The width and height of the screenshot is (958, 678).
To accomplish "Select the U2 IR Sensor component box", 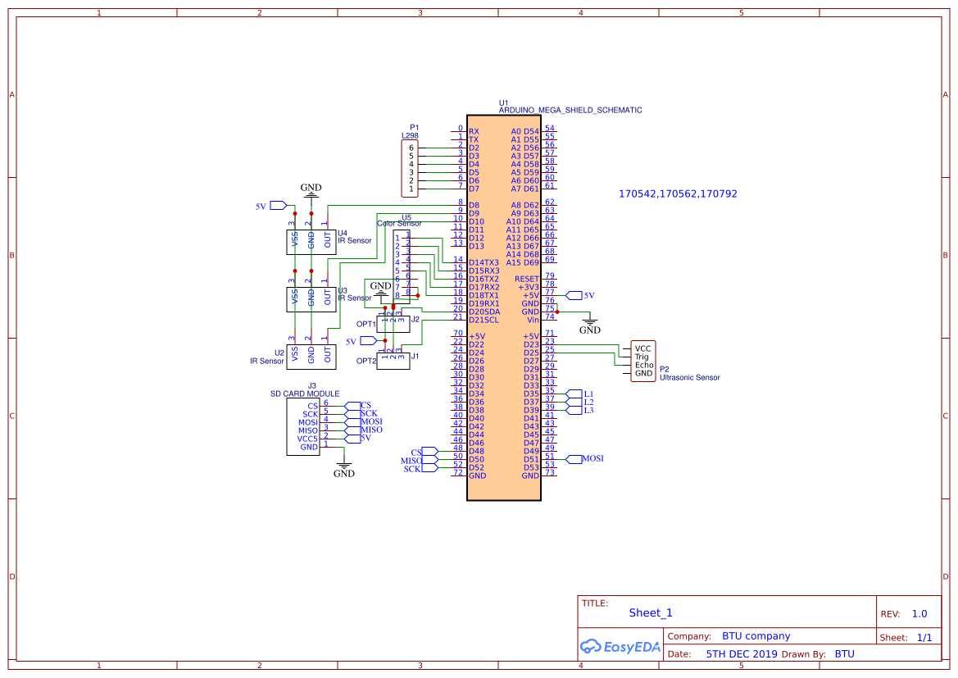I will [x=311, y=355].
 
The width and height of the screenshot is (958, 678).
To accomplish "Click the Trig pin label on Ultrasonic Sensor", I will [x=642, y=357].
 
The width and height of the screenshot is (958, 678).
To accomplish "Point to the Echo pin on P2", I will [x=643, y=365].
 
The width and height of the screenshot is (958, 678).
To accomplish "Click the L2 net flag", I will [x=586, y=402].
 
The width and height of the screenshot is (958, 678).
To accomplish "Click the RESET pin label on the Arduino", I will [x=527, y=279].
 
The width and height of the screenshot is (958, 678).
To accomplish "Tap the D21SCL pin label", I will [x=484, y=320].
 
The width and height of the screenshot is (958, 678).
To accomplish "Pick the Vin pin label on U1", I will [x=533, y=320].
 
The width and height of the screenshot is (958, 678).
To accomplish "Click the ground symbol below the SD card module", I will [x=344, y=469].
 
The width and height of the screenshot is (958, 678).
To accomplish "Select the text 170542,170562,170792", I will [x=678, y=194].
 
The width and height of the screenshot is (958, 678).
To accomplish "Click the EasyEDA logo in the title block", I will [x=620, y=646].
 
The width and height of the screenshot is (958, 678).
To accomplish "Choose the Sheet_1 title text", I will [x=651, y=612].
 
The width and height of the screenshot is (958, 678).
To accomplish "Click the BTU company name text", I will [x=756, y=636].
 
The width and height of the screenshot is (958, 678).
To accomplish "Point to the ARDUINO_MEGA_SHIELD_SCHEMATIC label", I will [x=570, y=110].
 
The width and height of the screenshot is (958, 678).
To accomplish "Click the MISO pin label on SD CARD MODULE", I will [x=308, y=430].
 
